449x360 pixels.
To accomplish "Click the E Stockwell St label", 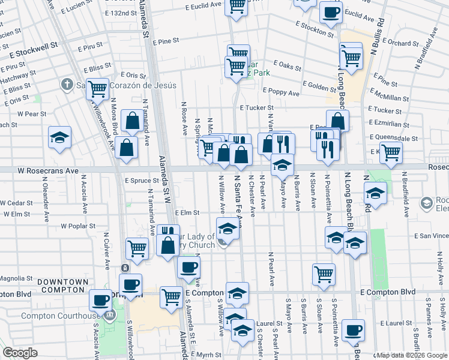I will (33, 44).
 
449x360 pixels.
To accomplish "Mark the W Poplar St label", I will (79, 226).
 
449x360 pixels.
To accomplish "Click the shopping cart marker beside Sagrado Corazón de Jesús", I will (97, 89).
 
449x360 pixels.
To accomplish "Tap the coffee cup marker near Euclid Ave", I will (331, 12).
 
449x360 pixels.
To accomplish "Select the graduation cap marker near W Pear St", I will (60, 137).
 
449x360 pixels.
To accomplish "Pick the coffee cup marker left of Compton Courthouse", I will (101, 299).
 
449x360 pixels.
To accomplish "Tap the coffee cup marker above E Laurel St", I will (353, 329).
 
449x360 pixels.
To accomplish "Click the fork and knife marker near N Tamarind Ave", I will (167, 231).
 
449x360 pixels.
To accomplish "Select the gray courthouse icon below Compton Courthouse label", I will (109, 315).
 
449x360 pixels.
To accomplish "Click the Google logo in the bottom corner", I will (20, 353).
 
